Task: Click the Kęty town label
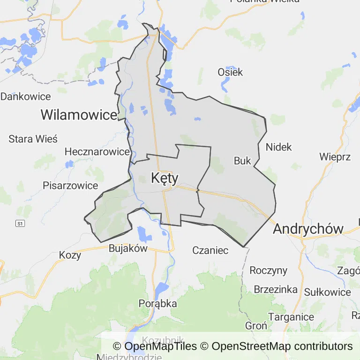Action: click(x=165, y=178)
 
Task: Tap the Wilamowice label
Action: click(x=79, y=114)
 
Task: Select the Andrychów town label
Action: click(x=308, y=229)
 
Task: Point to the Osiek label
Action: click(x=230, y=72)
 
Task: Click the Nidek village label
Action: click(x=278, y=147)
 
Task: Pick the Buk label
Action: click(x=242, y=161)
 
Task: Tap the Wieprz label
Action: click(x=335, y=157)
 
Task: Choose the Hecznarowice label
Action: click(x=97, y=151)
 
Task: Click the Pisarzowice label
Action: click(x=70, y=185)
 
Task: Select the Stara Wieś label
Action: click(x=33, y=139)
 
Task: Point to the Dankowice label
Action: click(x=25, y=97)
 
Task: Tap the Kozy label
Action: click(x=70, y=255)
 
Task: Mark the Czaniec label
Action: click(x=210, y=250)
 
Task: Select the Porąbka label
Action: click(x=158, y=304)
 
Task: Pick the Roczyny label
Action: click(x=268, y=270)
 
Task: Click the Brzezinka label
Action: click(x=276, y=289)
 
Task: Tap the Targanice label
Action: click(x=291, y=317)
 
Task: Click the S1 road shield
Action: click(x=20, y=224)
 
